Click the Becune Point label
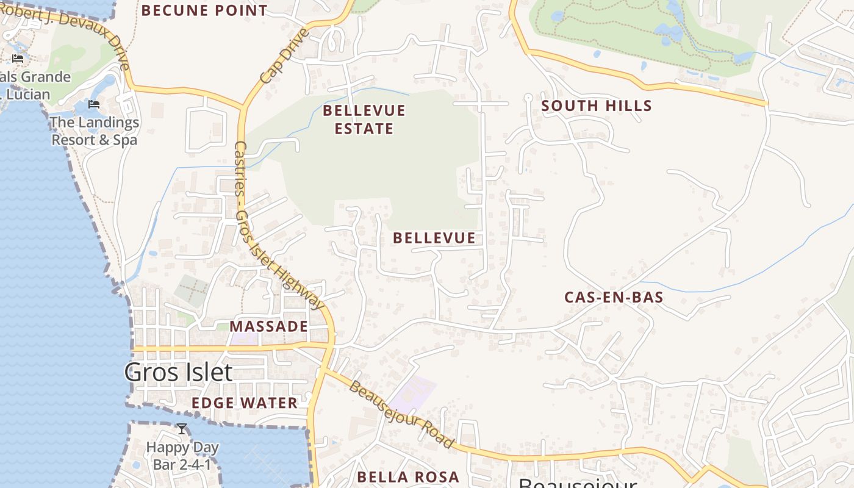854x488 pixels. tap(204, 10)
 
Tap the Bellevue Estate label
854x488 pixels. tap(364, 120)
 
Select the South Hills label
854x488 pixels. tap(597, 106)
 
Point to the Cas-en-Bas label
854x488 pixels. tap(614, 298)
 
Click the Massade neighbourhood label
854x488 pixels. tap(269, 326)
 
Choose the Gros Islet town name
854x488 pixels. tap(178, 372)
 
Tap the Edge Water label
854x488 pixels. tap(245, 403)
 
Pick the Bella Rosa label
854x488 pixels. tap(408, 476)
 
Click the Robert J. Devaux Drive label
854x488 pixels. tap(67, 34)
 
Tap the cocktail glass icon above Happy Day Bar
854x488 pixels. tap(182, 429)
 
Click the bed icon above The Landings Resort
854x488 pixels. tap(94, 104)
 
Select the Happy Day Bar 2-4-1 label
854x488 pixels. tap(182, 456)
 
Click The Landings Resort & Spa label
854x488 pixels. tap(95, 131)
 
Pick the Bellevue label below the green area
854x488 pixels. tap(434, 238)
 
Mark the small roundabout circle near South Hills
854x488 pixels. tap(528, 97)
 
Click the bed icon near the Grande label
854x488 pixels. tap(18, 59)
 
